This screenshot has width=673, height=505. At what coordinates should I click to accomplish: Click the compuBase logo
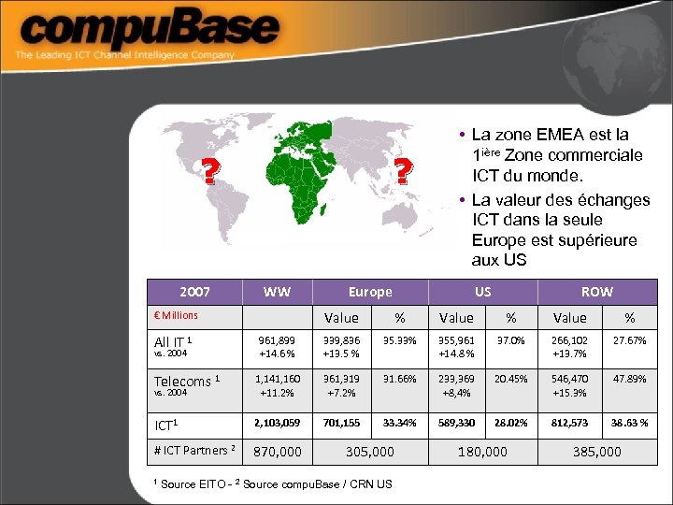[150, 31]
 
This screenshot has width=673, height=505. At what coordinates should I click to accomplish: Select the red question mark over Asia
[402, 171]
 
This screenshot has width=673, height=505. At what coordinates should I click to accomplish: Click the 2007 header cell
[195, 291]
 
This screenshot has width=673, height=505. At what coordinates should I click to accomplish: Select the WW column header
[277, 291]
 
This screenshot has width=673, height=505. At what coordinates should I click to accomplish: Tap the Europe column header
[370, 291]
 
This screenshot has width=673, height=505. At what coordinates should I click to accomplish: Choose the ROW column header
[596, 291]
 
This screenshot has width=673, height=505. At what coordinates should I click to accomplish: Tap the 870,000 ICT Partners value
[277, 452]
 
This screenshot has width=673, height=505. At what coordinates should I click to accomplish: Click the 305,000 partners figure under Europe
[370, 452]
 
